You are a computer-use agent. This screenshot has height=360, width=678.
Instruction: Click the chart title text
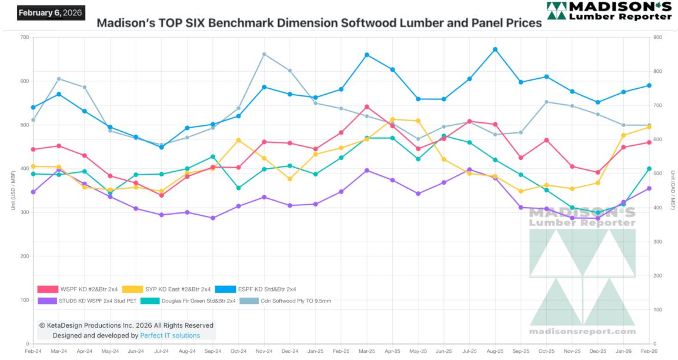click(319, 24)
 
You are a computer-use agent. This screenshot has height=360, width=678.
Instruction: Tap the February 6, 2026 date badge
click(51, 12)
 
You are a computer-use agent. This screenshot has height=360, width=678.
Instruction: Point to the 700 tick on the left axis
click(24, 38)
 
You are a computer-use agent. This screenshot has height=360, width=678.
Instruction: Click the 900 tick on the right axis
click(657, 38)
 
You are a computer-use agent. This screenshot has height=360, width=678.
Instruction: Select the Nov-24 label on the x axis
click(264, 351)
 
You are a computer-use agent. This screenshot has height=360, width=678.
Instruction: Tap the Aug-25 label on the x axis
click(495, 351)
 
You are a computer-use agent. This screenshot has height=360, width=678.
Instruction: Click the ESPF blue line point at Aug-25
click(495, 49)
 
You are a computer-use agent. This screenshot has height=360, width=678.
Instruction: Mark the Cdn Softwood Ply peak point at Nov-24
click(264, 54)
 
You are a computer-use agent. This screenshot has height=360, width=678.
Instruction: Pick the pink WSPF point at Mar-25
click(367, 107)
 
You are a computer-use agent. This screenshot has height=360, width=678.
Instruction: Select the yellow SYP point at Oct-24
click(239, 140)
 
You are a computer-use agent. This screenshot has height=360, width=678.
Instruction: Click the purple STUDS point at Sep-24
click(213, 218)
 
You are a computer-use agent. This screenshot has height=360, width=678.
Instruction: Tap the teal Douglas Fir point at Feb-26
click(649, 169)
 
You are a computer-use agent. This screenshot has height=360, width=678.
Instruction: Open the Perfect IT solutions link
click(170, 335)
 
